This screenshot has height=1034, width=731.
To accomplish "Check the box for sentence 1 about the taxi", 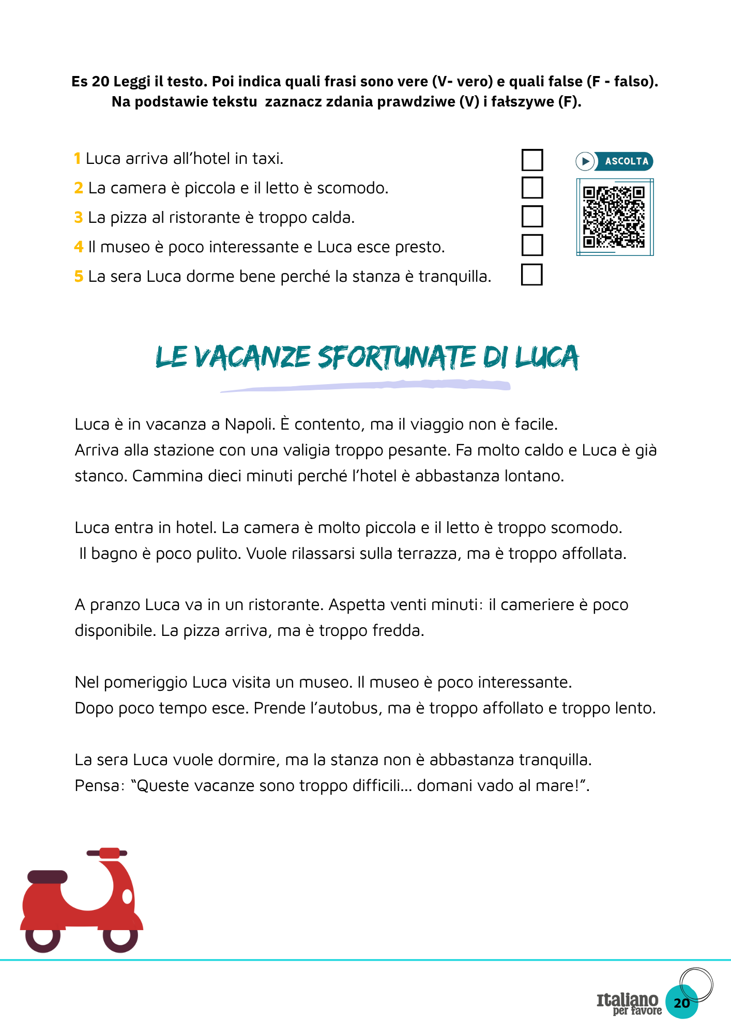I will [532, 160].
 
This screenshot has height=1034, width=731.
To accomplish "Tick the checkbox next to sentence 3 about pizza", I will [532, 217].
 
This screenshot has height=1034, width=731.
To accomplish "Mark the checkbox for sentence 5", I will [531, 275].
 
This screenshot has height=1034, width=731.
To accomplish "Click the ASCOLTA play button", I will [585, 161].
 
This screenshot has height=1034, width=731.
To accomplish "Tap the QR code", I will [614, 217].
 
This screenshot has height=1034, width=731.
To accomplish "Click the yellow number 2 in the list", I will [79, 188].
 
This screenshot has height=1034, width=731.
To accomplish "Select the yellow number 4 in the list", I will [79, 247].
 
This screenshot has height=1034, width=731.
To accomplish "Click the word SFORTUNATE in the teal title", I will [396, 358].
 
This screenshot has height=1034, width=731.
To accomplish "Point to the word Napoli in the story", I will [249, 424].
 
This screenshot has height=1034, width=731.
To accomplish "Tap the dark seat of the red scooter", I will [47, 877].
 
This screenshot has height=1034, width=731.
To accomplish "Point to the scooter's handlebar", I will [107, 853].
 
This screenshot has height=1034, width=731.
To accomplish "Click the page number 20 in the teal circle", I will [682, 1003].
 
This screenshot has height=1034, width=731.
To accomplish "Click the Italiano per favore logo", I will [629, 1003].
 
